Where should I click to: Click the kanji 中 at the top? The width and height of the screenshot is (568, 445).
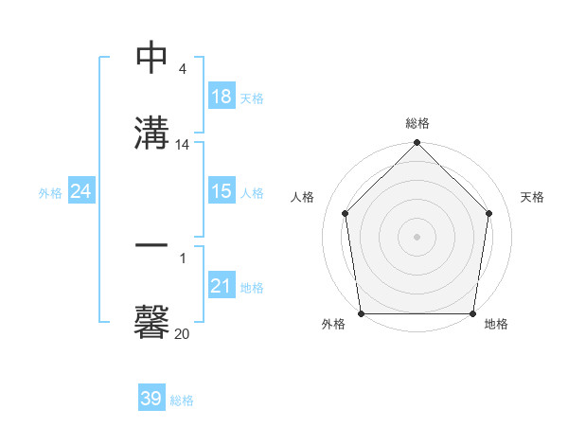pyautogui.click(x=151, y=59)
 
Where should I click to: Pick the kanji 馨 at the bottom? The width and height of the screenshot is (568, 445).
pyautogui.click(x=151, y=321)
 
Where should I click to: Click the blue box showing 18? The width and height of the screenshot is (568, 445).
pyautogui.click(x=221, y=97)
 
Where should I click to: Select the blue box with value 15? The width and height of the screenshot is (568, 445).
pyautogui.click(x=221, y=191)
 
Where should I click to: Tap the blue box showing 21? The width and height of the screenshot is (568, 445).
pyautogui.click(x=221, y=286)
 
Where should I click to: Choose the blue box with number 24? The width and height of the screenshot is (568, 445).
pyautogui.click(x=80, y=191)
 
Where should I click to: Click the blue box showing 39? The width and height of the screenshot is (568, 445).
pyautogui.click(x=151, y=399)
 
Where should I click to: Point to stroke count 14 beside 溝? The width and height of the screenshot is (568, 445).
pyautogui.click(x=183, y=145)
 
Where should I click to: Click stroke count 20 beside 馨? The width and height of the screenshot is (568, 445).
pyautogui.click(x=183, y=333)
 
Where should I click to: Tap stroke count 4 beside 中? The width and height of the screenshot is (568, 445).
pyautogui.click(x=183, y=69)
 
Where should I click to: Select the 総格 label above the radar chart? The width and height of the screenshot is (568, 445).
pyautogui.click(x=417, y=123)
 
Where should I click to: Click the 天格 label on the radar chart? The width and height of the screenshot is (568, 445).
pyautogui.click(x=532, y=197)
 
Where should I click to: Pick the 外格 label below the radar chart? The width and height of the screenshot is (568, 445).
pyautogui.click(x=333, y=324)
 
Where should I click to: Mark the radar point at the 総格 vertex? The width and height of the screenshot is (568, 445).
pyautogui.click(x=417, y=144)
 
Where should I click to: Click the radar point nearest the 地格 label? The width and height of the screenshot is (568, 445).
pyautogui.click(x=473, y=313)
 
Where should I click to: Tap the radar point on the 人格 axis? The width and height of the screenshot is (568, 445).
pyautogui.click(x=345, y=213)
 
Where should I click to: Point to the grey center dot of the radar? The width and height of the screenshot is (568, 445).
pyautogui.click(x=417, y=236)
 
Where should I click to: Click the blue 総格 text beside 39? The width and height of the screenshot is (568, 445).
pyautogui.click(x=182, y=400)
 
